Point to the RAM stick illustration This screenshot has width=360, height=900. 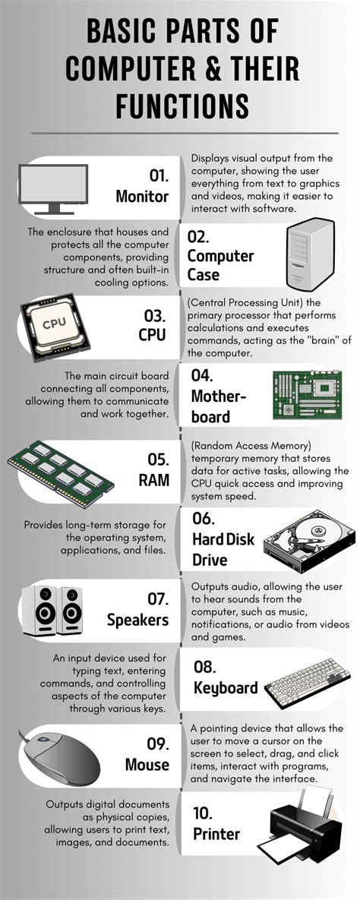(61, 469)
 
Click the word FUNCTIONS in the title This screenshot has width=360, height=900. (182, 105)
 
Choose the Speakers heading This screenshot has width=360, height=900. (137, 620)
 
